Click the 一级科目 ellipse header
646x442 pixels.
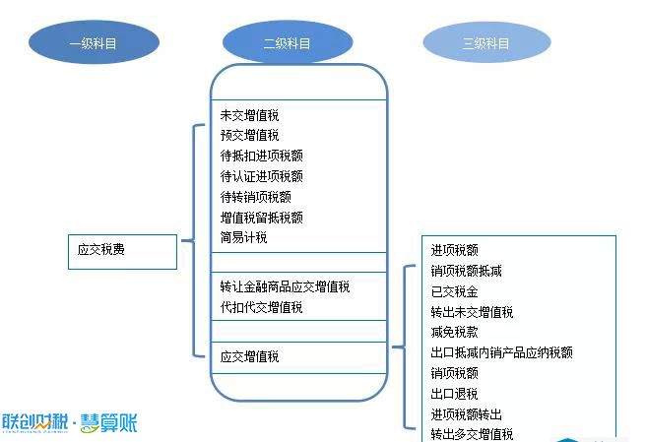tap(94, 42)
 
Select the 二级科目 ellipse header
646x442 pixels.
tap(288, 42)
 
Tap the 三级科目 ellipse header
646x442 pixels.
tap(486, 42)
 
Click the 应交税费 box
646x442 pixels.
tap(122, 252)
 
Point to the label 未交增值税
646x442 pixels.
tap(250, 115)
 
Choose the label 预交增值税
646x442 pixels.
tap(250, 135)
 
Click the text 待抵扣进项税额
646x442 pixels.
tap(262, 156)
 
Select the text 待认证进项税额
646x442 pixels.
tap(262, 176)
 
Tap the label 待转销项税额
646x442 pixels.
tap(256, 197)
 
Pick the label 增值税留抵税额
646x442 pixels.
tap(262, 218)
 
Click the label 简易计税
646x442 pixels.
tap(243, 237)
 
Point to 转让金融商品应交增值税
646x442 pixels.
tap(285, 286)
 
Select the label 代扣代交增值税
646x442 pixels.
tap(261, 307)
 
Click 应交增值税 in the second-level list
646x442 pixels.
tap(250, 356)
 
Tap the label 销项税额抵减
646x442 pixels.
tap(467, 271)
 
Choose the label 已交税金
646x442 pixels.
tap(454, 291)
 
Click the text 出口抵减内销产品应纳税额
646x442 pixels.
tap(502, 352)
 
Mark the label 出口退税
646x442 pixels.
tap(454, 394)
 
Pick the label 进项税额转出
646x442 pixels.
tap(467, 414)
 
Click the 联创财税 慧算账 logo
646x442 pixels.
tap(70, 423)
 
